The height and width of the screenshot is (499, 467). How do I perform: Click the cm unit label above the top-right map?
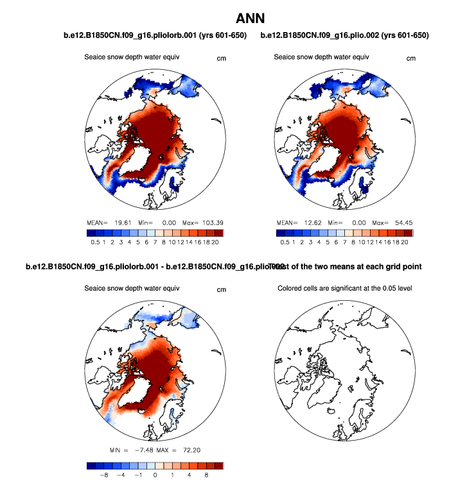[411, 58]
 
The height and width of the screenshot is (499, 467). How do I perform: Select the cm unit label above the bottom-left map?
[222, 289]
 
